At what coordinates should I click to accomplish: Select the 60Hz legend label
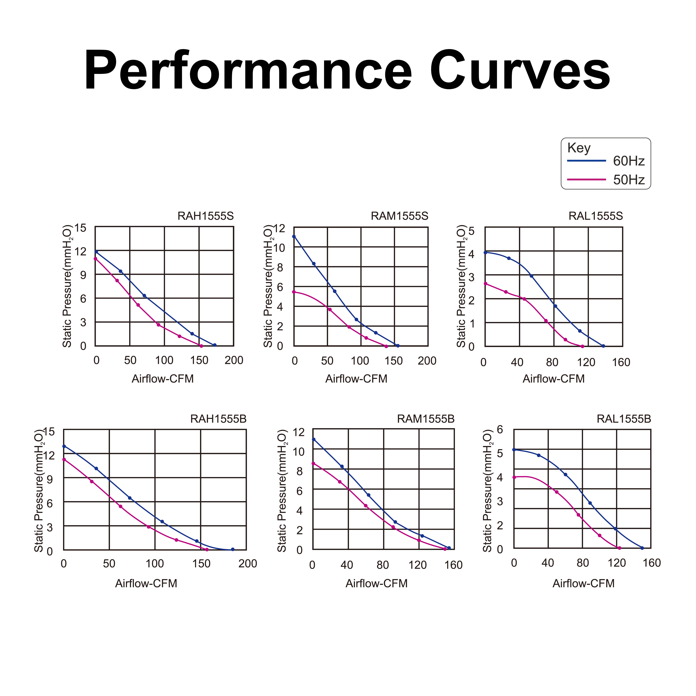629,161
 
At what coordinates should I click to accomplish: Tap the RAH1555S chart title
206,216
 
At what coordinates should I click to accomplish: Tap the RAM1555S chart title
400,216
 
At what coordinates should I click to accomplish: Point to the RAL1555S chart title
595,216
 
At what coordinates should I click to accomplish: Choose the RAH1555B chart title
218,419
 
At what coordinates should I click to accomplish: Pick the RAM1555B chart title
426,419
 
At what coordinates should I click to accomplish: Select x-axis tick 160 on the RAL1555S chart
621,362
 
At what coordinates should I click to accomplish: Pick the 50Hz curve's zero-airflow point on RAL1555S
485,284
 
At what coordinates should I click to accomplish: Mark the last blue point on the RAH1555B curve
233,549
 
